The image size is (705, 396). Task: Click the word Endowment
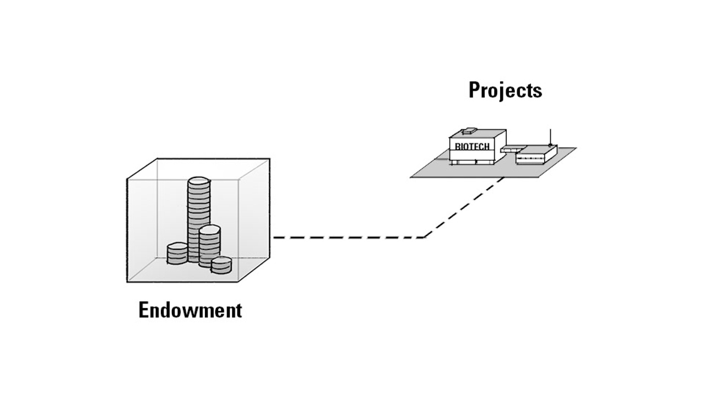click(190, 310)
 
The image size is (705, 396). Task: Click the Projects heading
click(505, 90)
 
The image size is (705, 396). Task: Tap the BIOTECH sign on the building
click(472, 146)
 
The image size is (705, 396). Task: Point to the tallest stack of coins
click(198, 220)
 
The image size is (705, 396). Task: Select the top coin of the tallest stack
click(198, 181)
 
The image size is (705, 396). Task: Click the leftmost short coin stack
click(177, 253)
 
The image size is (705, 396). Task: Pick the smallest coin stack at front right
click(221, 265)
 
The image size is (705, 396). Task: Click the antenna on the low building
click(550, 136)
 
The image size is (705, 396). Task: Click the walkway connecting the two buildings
click(511, 149)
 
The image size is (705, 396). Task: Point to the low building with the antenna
click(536, 155)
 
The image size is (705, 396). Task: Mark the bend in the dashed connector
click(425, 237)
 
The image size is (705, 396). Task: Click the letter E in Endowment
click(144, 310)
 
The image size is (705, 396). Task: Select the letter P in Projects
click(475, 90)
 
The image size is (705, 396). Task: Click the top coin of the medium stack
click(210, 229)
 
